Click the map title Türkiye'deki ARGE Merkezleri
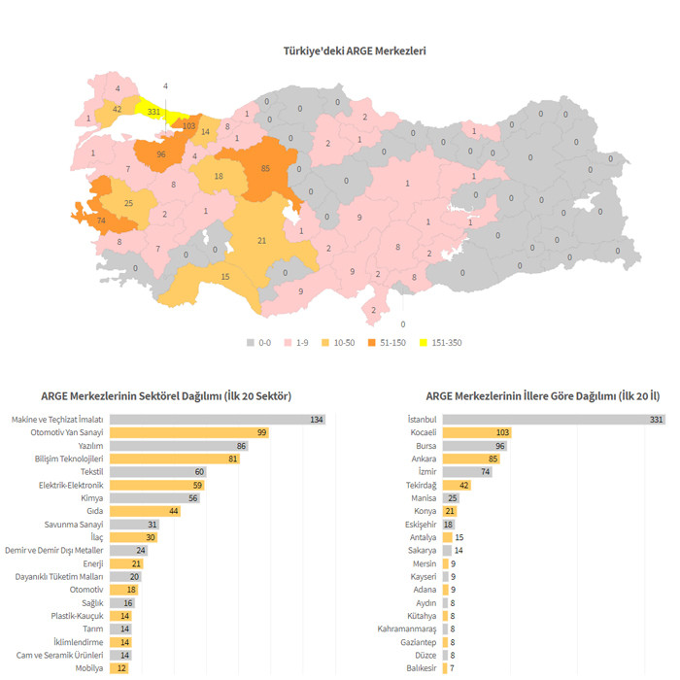[x=354, y=51]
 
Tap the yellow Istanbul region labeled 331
[x=153, y=112]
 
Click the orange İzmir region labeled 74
[x=101, y=221]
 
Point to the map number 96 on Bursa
[x=161, y=154]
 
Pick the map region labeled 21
[x=262, y=240]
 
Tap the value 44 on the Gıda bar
[x=173, y=510]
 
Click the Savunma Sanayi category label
[x=74, y=524]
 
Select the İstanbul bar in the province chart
[x=554, y=419]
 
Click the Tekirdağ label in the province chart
[x=421, y=484]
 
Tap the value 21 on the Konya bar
[x=450, y=510]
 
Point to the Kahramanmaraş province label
[x=406, y=629]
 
